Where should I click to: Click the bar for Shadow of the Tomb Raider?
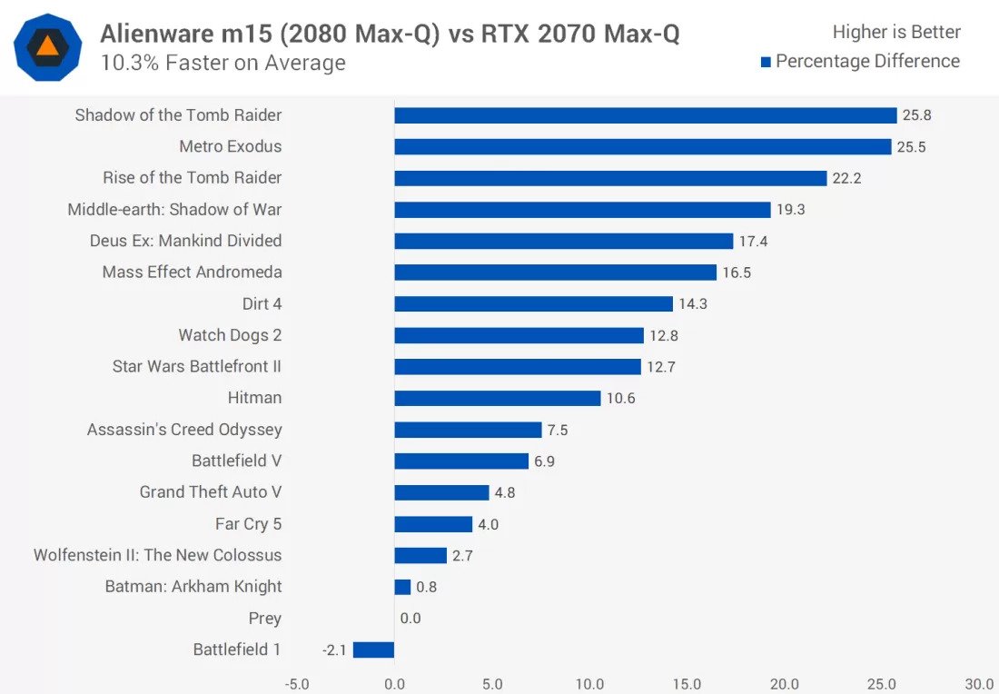click(645, 115)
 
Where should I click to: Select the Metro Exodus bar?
click(642, 146)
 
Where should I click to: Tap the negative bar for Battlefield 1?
click(373, 649)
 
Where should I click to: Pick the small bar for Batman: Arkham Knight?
click(402, 587)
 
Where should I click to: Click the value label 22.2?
click(846, 178)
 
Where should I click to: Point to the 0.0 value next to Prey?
click(410, 619)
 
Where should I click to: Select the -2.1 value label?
click(333, 649)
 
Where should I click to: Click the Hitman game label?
click(254, 398)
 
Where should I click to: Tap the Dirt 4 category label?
click(262, 303)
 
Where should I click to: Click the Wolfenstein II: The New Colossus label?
click(157, 555)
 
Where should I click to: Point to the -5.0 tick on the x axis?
click(297, 684)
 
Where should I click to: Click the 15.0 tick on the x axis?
click(687, 684)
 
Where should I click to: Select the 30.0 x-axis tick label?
click(979, 684)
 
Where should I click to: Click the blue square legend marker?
click(766, 62)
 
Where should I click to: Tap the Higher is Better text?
click(896, 33)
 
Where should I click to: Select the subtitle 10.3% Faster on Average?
click(223, 63)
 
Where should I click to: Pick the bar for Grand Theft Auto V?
click(441, 492)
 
